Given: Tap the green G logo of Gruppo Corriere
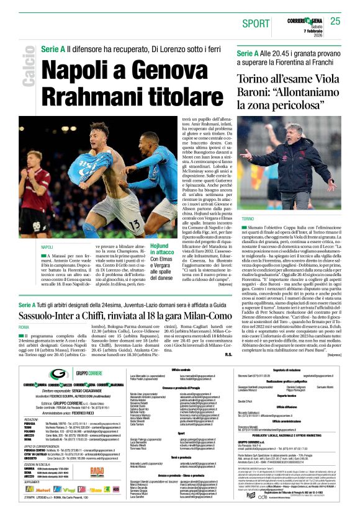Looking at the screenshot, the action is (60, 374).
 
